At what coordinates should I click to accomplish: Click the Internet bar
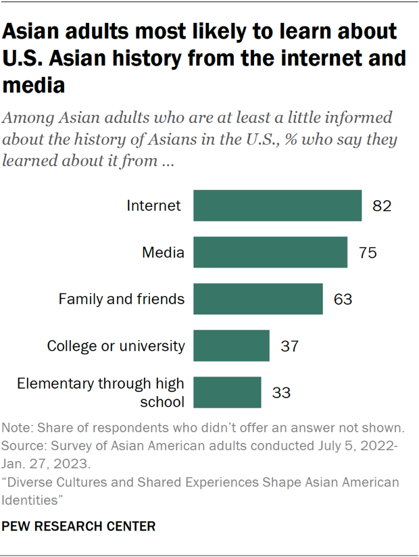(x=277, y=205)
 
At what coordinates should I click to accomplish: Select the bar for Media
(x=270, y=253)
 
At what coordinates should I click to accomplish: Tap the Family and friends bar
(x=257, y=299)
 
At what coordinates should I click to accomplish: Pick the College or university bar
(x=231, y=346)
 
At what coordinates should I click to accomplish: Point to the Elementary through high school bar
(x=227, y=392)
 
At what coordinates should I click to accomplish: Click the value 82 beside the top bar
(x=382, y=205)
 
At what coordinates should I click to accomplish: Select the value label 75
(x=367, y=253)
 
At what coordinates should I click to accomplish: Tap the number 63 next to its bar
(x=343, y=299)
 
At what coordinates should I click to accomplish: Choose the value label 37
(x=289, y=346)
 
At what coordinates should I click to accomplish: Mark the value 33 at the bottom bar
(x=281, y=392)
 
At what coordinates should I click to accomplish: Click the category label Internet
(x=154, y=205)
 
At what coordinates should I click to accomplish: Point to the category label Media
(x=163, y=253)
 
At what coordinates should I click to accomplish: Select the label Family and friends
(x=122, y=299)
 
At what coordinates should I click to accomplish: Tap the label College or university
(x=116, y=346)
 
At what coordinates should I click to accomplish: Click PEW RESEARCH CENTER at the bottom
(x=79, y=525)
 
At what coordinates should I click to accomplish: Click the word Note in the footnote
(x=16, y=428)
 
